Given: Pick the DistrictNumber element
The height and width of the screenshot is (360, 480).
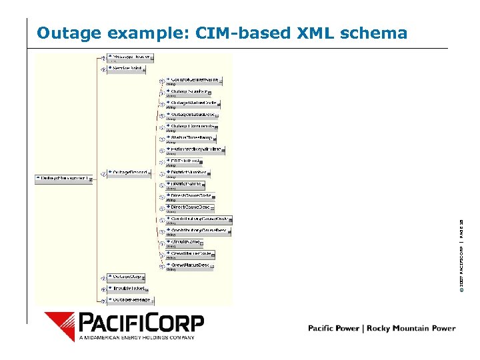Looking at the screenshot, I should coord(189,173).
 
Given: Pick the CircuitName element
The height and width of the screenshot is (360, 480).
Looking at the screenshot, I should coord(187,242).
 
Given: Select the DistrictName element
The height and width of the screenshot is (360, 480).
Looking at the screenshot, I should coord(187,184).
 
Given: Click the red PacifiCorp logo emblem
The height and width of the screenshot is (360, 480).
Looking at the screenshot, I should coord(60,327).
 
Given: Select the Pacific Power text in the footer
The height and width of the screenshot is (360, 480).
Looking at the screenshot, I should coord(333,328).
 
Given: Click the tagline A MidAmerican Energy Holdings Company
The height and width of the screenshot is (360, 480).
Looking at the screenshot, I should coord(137,337).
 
